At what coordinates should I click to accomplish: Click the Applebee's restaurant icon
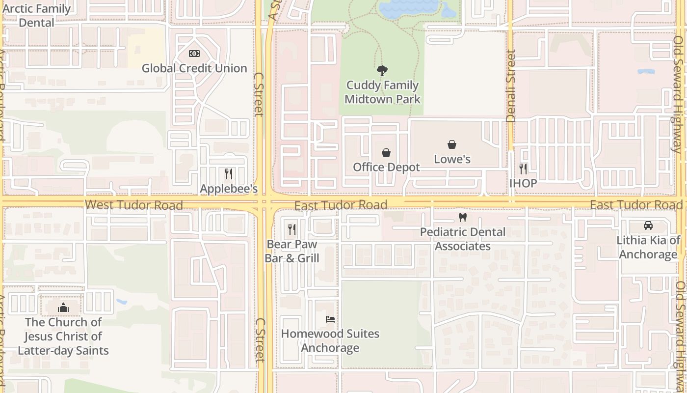point(228,173)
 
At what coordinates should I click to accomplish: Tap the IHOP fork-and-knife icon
point(523,169)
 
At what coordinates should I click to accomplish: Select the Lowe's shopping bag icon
point(452,144)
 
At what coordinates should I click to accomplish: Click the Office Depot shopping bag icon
point(386,153)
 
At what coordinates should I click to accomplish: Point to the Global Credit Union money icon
point(194,54)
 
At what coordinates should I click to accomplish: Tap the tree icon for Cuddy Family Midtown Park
point(382,71)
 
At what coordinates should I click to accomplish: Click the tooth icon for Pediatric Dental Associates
point(462,217)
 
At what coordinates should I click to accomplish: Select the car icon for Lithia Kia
point(648,225)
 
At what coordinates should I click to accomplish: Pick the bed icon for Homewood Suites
point(330,319)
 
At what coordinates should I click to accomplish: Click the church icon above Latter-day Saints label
point(63,308)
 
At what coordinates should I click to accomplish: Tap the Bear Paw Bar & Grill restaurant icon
point(292,229)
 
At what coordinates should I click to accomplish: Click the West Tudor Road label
point(133,205)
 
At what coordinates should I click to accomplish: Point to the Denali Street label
point(511,86)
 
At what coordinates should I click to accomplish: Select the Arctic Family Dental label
point(37,16)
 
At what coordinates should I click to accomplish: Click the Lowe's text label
point(452,159)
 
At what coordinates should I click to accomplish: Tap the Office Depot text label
point(386,167)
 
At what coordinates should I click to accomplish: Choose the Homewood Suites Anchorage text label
point(330,341)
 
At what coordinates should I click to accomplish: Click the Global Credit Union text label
point(194,68)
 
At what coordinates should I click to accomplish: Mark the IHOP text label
point(523,183)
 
